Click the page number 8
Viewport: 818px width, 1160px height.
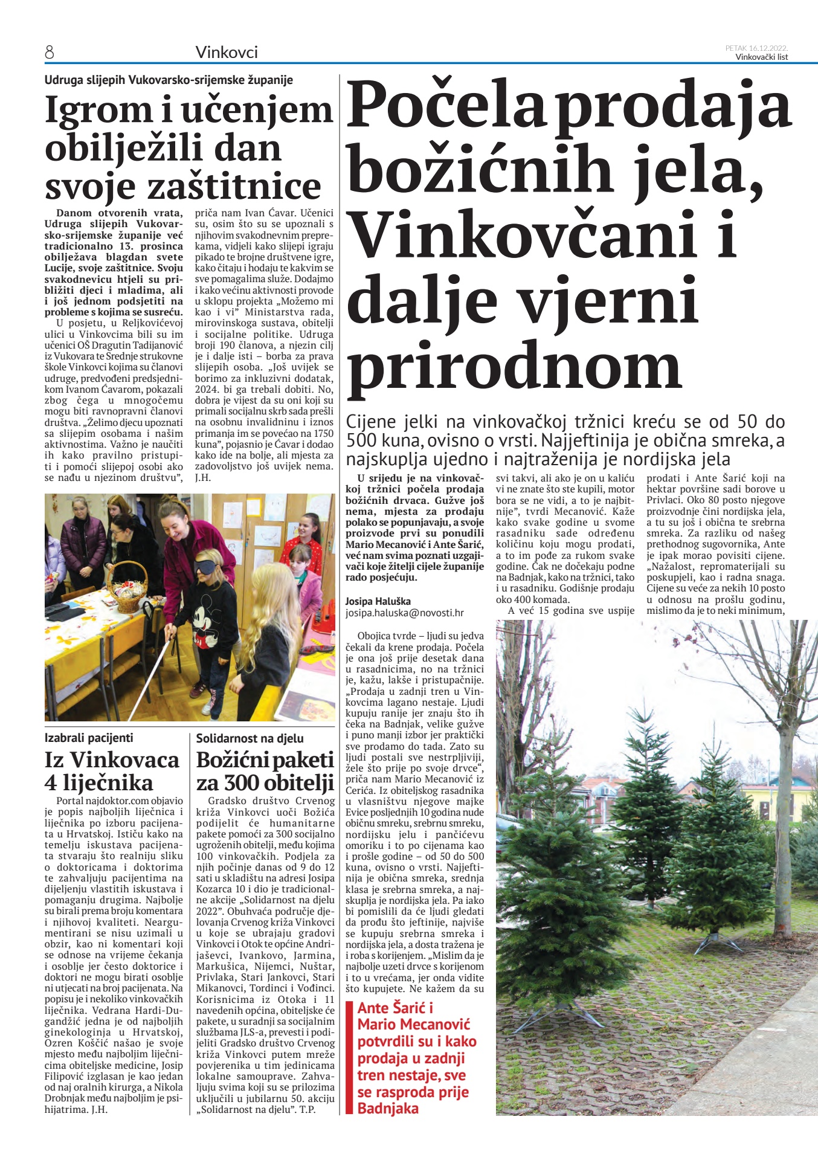tap(50, 53)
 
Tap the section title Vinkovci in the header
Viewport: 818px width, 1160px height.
tap(227, 53)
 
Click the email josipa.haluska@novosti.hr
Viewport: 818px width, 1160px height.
tap(404, 613)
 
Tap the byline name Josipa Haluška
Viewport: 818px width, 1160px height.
tap(378, 601)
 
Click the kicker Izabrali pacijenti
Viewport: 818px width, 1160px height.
tap(89, 738)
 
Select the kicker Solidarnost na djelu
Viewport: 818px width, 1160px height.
tap(250, 738)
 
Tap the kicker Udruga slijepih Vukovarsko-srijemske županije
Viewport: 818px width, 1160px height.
tap(169, 80)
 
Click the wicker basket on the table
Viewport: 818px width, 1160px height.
tap(129, 583)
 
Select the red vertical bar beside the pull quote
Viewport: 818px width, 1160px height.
tap(349, 1057)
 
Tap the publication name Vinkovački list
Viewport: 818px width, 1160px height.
tap(761, 57)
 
